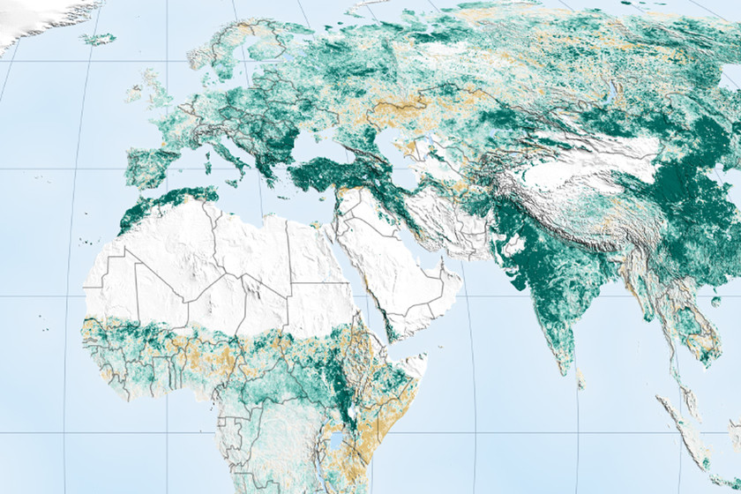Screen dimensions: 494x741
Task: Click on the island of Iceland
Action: click(99, 39)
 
